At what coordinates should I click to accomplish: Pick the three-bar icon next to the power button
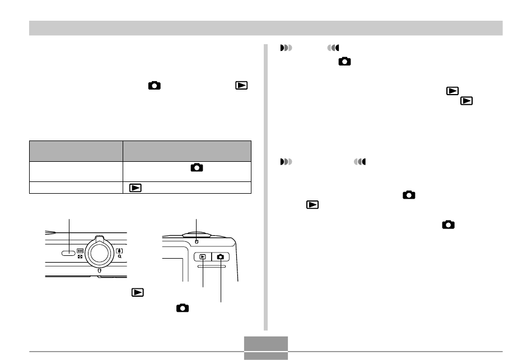80,251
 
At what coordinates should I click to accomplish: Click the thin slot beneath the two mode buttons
212,267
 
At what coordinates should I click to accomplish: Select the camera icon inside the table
197,167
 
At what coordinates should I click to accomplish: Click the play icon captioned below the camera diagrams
135,292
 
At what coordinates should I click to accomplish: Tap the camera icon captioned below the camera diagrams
182,308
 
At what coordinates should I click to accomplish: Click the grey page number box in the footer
266,343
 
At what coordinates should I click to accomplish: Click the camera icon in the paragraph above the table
154,86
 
